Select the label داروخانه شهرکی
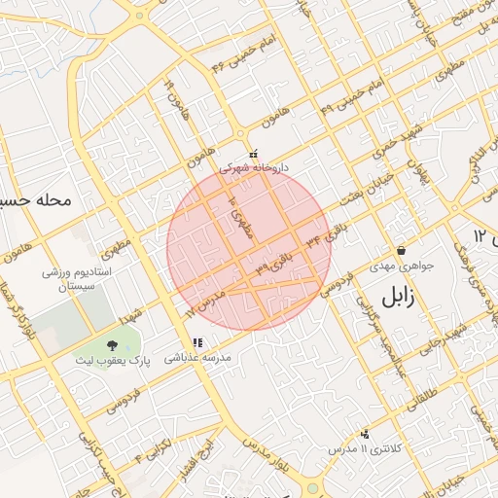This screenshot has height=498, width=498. click(254, 167)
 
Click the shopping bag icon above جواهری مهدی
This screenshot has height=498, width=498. click(401, 250)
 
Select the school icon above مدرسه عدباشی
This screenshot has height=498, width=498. click(198, 342)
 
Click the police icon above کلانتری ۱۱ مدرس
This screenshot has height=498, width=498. click(365, 433)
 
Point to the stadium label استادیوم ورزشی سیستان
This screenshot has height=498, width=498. click(77, 281)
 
